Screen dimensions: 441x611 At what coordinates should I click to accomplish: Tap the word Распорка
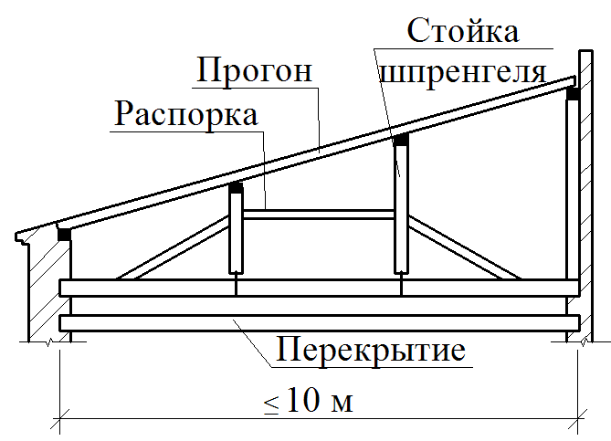pyautogui.click(x=186, y=114)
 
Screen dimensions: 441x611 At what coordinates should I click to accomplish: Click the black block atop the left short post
pyautogui.click(x=236, y=187)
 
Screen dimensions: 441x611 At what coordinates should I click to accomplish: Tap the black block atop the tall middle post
pyautogui.click(x=400, y=141)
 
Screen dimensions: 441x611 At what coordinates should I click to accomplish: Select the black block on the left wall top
pyautogui.click(x=64, y=234)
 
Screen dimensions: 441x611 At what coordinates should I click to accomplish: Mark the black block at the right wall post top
pyautogui.click(x=573, y=93)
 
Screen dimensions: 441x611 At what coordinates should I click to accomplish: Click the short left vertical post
pyautogui.click(x=236, y=233)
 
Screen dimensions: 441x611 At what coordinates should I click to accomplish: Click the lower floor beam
pyautogui.click(x=320, y=322)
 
